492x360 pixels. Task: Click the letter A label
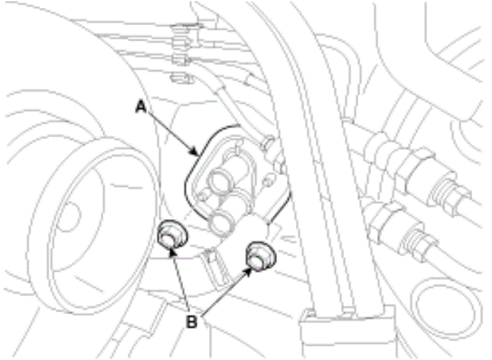pyautogui.click(x=141, y=107)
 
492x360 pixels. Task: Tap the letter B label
pyautogui.click(x=191, y=321)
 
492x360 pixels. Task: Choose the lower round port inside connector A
pyautogui.click(x=221, y=221)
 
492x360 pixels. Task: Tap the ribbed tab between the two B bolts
pyautogui.click(x=216, y=263)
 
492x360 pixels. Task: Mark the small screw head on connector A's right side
pyautogui.click(x=267, y=181)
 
